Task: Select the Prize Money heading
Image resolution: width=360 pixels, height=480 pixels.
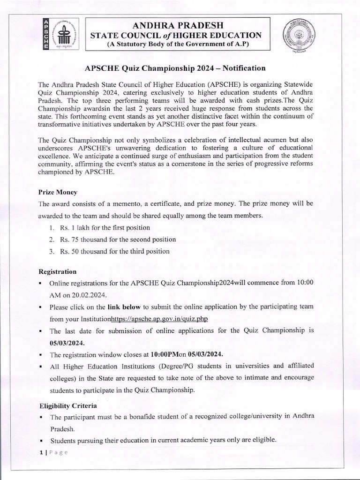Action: [58, 192]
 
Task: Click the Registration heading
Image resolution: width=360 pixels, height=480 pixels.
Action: [57, 272]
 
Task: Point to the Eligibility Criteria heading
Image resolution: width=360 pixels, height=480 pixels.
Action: [68, 405]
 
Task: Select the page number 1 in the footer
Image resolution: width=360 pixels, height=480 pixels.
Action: [40, 452]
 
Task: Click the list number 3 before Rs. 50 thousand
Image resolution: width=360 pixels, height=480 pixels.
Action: [51, 251]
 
